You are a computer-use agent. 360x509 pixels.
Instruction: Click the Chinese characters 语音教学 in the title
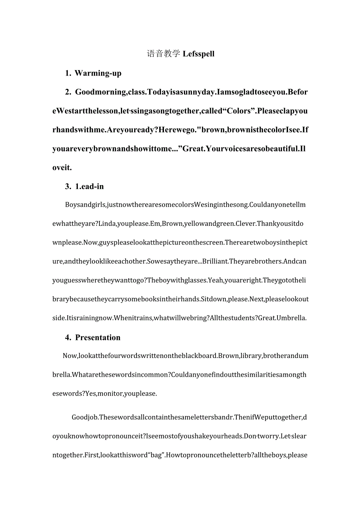point(164,54)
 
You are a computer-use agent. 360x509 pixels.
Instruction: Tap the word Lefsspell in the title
point(198,54)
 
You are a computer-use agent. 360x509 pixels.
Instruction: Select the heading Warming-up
point(98,73)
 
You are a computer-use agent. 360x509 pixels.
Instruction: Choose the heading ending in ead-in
point(90,187)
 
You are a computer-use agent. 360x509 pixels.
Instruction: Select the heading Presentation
point(98,337)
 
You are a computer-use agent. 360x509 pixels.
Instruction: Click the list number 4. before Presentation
point(68,337)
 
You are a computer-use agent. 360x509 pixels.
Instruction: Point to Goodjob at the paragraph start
point(85,417)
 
